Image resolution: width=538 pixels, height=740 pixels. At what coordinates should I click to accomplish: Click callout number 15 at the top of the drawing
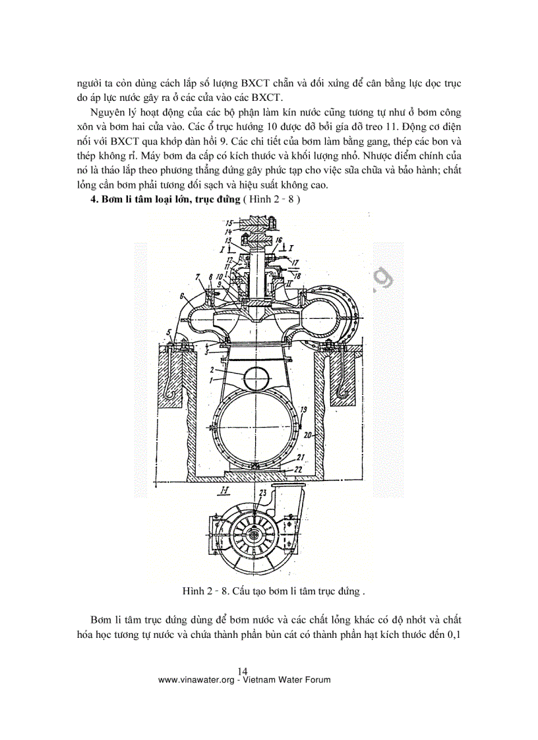click(229, 223)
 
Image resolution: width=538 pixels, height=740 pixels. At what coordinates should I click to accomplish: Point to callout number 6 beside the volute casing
click(181, 297)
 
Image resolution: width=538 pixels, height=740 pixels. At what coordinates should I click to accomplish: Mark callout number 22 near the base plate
click(299, 469)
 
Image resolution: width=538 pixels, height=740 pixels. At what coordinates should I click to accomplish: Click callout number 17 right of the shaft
click(294, 263)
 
